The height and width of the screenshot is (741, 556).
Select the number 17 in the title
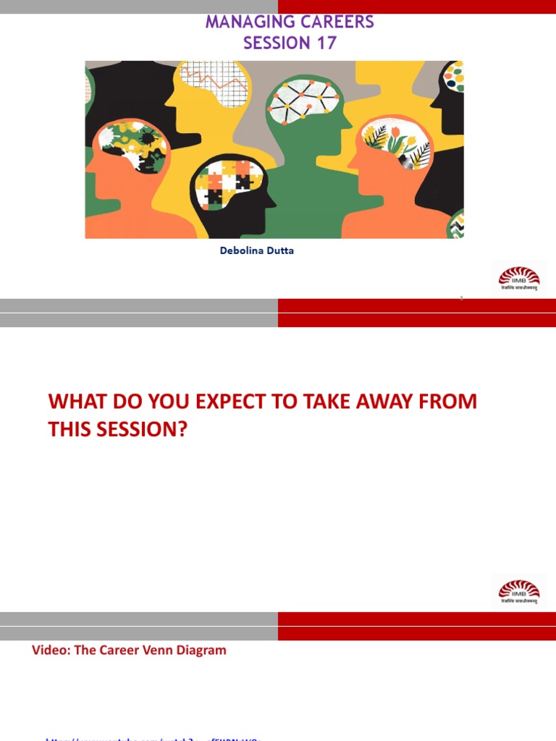pyautogui.click(x=326, y=43)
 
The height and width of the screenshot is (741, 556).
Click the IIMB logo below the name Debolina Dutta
pyautogui.click(x=518, y=278)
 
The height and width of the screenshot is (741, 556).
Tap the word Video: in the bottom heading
pyautogui.click(x=53, y=650)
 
